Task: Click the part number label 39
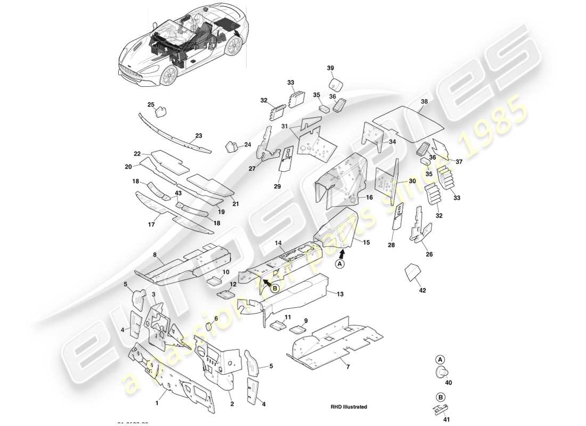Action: pos(330,68)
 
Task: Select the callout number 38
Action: pos(424,101)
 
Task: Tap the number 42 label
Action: pos(422,291)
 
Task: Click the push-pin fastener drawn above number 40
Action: pos(441,372)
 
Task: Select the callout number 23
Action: pos(199,136)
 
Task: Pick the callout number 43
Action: pos(178,193)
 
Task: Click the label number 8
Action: pos(155,255)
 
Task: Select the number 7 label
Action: pos(348,367)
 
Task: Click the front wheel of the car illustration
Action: pos(168,77)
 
